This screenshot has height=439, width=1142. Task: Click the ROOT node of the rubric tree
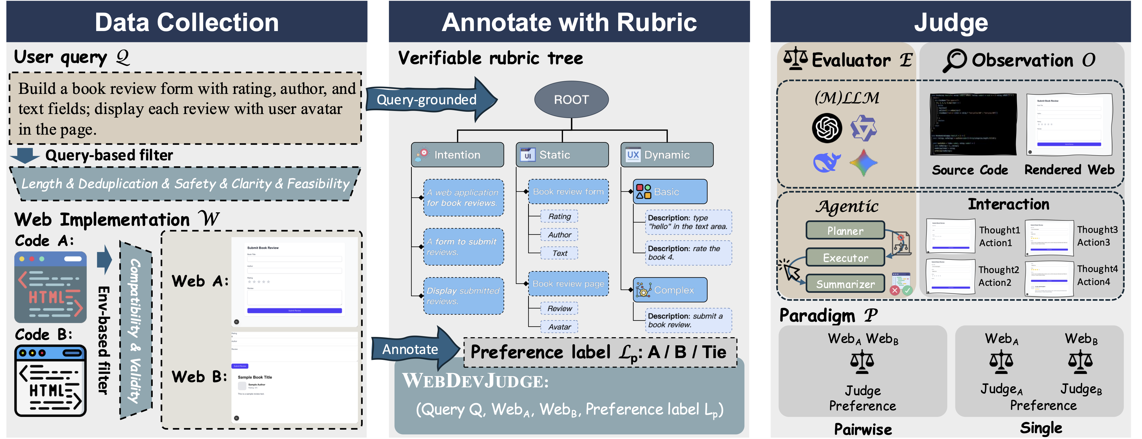tap(571, 99)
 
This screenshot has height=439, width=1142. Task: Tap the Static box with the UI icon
tap(562, 155)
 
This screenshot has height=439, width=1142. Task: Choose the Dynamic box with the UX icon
tap(667, 155)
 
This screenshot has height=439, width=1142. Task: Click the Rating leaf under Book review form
tap(559, 216)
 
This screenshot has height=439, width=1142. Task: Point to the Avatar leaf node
tap(559, 327)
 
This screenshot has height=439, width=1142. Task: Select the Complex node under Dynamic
tap(670, 290)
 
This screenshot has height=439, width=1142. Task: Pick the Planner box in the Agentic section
tap(845, 231)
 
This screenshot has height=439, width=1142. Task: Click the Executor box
tap(845, 258)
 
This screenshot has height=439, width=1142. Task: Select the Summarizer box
tap(845, 284)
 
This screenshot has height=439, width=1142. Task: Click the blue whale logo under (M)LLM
tap(826, 162)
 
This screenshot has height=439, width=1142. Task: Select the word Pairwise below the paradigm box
tap(863, 429)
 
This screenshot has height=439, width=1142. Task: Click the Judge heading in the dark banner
tap(951, 22)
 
